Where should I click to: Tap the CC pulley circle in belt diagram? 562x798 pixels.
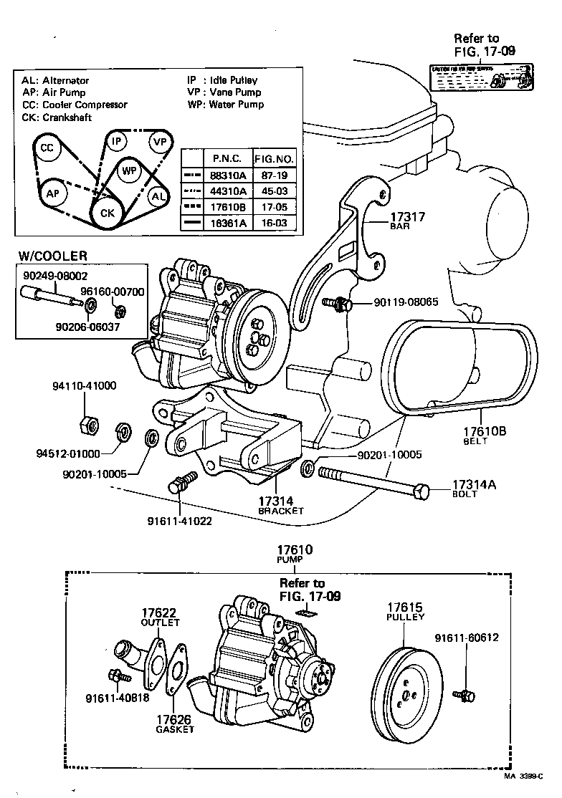pos(47,148)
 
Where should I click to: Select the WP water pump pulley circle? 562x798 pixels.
pos(129,171)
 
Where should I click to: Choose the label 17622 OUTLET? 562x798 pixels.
pos(158,617)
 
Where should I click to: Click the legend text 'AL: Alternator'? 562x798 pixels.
pos(55,81)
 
